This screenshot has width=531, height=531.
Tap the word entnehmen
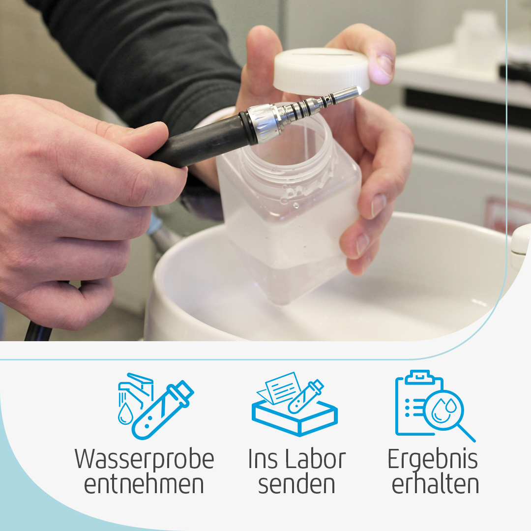pos(144,485)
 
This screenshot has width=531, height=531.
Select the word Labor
pos(315,459)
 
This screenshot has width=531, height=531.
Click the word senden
pos(296,484)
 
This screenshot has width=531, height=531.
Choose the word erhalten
pos(435,484)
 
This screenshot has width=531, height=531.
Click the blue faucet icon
pos(136,389)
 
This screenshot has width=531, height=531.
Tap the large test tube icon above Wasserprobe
pos(163,410)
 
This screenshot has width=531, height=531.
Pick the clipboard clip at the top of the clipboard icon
pos(419,377)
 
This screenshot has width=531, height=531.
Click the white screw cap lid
pos(321,71)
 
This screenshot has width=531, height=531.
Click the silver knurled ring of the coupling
pos(263,122)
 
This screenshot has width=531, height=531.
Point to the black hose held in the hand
pos(200,142)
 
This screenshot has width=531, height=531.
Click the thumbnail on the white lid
pos(384,65)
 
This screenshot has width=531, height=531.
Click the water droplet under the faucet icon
pos(126,413)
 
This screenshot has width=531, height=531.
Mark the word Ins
pos(263,459)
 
